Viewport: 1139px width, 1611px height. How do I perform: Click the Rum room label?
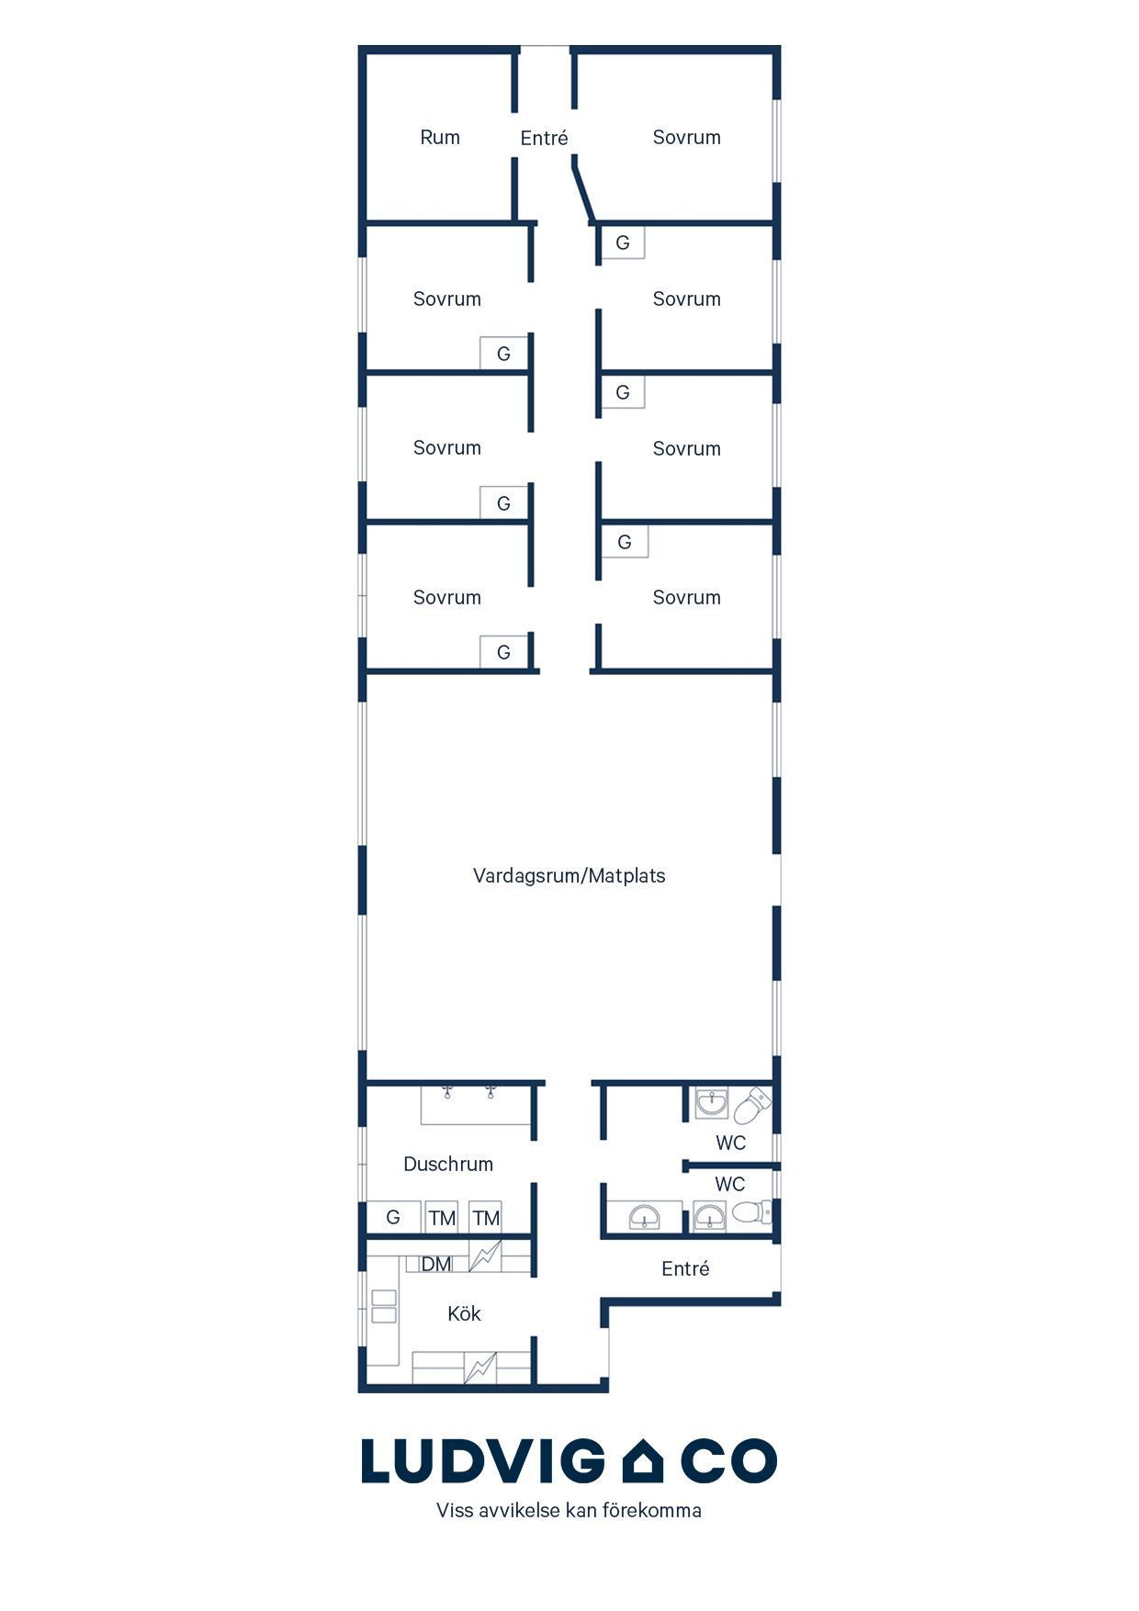(440, 138)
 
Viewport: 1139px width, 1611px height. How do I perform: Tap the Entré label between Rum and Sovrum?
(544, 138)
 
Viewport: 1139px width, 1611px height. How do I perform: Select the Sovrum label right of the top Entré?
(686, 138)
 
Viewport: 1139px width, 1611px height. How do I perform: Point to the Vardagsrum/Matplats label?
(569, 875)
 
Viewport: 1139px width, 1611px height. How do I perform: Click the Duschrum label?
(448, 1164)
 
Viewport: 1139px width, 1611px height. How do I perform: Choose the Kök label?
(464, 1313)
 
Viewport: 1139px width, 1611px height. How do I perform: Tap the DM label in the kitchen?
(436, 1265)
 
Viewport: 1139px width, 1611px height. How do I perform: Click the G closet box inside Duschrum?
(394, 1217)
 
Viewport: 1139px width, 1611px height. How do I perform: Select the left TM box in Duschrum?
(442, 1217)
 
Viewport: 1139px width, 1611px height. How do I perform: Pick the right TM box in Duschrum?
(485, 1217)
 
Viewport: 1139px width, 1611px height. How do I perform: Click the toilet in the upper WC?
(750, 1105)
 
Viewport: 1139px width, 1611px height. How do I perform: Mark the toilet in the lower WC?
(750, 1213)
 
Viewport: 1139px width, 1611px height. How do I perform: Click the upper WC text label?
(730, 1143)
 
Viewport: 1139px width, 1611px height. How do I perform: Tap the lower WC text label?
(730, 1185)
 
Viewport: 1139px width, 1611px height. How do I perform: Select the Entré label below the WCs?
(685, 1268)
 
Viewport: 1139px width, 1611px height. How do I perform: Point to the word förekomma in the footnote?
(651, 1510)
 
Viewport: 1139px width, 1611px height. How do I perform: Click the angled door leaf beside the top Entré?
(582, 188)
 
